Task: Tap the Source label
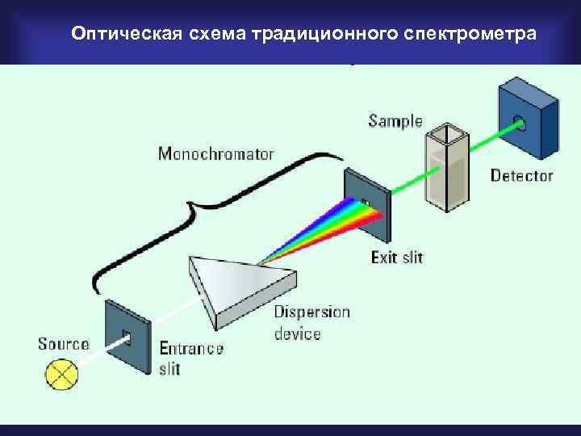point(63,344)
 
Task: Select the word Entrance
point(190,349)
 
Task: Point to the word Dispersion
point(311,312)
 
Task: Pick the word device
point(297,333)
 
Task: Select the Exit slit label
point(396,258)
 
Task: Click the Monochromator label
point(215,153)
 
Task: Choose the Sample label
point(395,122)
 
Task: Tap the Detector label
point(521,175)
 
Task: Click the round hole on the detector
point(520,124)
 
